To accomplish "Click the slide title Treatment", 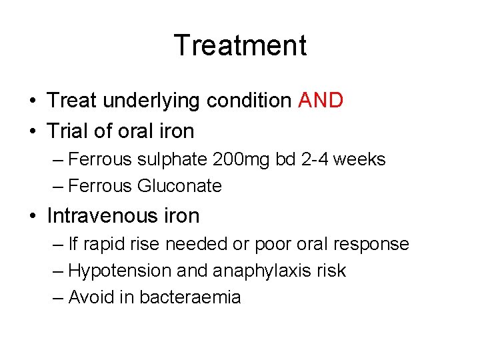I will (240, 46).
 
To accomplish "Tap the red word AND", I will (321, 101).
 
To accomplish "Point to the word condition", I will (249, 101).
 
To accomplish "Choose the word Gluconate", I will (179, 186).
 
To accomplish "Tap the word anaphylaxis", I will (253, 271).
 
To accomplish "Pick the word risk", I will (331, 271).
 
